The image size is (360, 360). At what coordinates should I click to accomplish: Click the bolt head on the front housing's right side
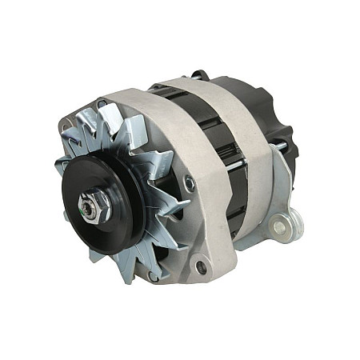190,184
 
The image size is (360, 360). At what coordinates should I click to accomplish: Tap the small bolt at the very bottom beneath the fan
152,276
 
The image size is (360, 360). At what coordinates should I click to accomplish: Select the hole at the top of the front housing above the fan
102,104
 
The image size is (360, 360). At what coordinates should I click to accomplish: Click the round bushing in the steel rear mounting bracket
279,227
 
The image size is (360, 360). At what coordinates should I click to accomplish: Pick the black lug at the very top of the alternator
198,75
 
